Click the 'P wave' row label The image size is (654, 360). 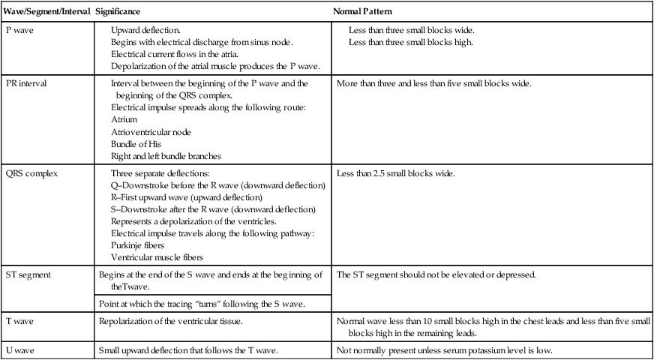click(19, 31)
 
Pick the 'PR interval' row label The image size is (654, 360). click(26, 83)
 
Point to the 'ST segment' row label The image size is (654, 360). click(27, 274)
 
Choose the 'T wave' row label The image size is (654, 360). click(19, 321)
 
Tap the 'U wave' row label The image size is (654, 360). click(20, 350)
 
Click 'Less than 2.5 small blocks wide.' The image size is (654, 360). click(396, 174)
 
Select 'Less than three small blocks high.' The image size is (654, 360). click(412, 42)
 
